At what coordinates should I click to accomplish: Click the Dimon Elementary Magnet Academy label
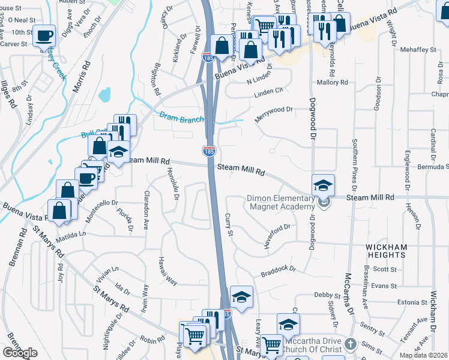pos(281,203)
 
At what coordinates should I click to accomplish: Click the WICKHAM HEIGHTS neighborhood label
pos(387,251)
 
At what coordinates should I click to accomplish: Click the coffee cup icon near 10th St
pos(44,36)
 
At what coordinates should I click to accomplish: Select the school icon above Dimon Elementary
pos(323,185)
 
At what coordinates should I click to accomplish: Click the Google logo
pos(20,353)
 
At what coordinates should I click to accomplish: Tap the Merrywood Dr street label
pos(273,113)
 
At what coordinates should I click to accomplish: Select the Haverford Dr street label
pos(277,235)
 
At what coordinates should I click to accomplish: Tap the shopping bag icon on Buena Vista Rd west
pos(59,211)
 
